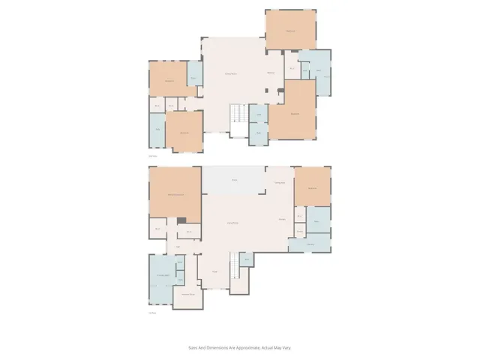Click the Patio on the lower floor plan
(x=234, y=180)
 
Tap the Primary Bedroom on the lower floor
(x=175, y=195)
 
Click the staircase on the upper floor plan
(x=238, y=114)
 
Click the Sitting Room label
(x=232, y=73)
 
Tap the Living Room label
(x=232, y=223)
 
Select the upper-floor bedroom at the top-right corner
(x=290, y=30)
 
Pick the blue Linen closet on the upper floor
(x=258, y=115)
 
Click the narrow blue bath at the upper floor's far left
(x=157, y=130)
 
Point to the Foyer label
(x=214, y=271)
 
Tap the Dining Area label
(x=278, y=183)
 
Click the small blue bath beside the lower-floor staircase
(x=247, y=260)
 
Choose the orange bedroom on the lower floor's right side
(x=311, y=188)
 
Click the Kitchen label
(x=282, y=219)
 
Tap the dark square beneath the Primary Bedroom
(x=181, y=220)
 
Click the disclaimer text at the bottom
(x=239, y=347)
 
